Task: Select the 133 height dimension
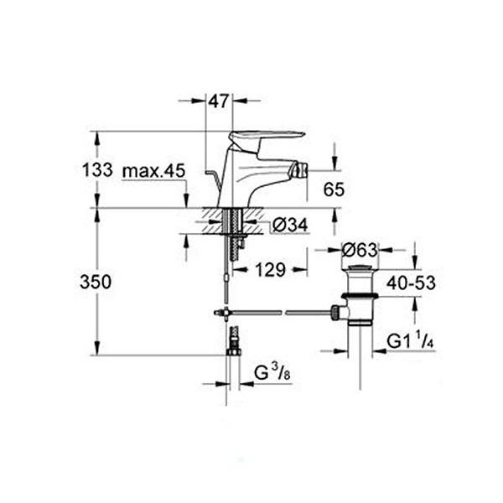[x=97, y=170]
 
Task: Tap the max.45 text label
[x=153, y=170]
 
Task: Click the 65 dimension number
[x=334, y=190]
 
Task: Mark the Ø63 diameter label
[x=360, y=249]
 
